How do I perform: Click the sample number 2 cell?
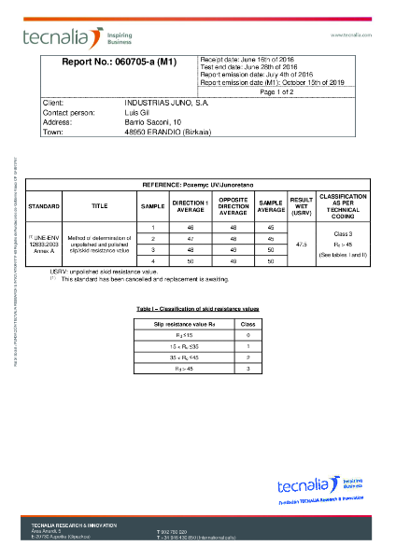pyautogui.click(x=151, y=238)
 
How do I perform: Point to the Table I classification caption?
pyautogui.click(x=198, y=307)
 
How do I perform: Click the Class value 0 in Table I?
pyautogui.click(x=247, y=334)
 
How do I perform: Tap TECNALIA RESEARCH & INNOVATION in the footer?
pyautogui.click(x=75, y=525)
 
